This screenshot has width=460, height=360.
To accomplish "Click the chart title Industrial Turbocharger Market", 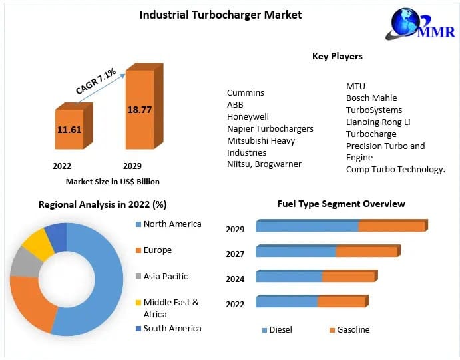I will pos(220,15).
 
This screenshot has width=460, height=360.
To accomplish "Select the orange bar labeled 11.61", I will pos(69,129).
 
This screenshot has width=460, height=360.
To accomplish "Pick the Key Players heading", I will pos(338,56).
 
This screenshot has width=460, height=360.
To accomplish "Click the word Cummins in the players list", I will pos(245,93).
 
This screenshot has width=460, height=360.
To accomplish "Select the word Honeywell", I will pos(248,117).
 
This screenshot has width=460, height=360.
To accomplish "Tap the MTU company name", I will pos(355,87).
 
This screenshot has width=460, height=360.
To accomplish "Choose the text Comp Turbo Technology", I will pos(395,170).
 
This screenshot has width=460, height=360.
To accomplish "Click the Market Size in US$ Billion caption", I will pos(113,181).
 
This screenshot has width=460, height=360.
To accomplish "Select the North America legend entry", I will pos(172,224).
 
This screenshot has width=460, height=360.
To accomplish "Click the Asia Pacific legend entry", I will pos(165,276).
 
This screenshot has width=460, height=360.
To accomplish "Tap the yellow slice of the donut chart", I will pos(39,243).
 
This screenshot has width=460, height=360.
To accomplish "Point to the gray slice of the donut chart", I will pos(25,264).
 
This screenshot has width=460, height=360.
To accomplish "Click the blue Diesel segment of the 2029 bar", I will pos(307,226).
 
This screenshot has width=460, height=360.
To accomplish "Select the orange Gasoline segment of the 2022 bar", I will pos(342,302).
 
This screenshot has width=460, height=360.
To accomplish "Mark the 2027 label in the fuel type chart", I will pos(235,254).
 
